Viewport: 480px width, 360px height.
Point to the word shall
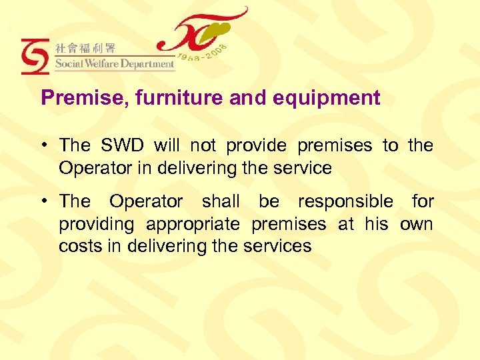(221, 201)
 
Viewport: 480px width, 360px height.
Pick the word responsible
(345, 201)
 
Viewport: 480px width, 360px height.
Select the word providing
(97, 224)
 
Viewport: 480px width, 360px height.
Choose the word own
(416, 224)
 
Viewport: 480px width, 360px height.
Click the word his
(376, 224)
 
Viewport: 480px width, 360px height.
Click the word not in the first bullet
(203, 145)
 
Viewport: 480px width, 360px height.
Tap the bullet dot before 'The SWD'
(45, 145)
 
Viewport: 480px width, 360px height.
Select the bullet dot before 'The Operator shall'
(45, 201)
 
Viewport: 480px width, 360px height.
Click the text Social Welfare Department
(114, 65)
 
